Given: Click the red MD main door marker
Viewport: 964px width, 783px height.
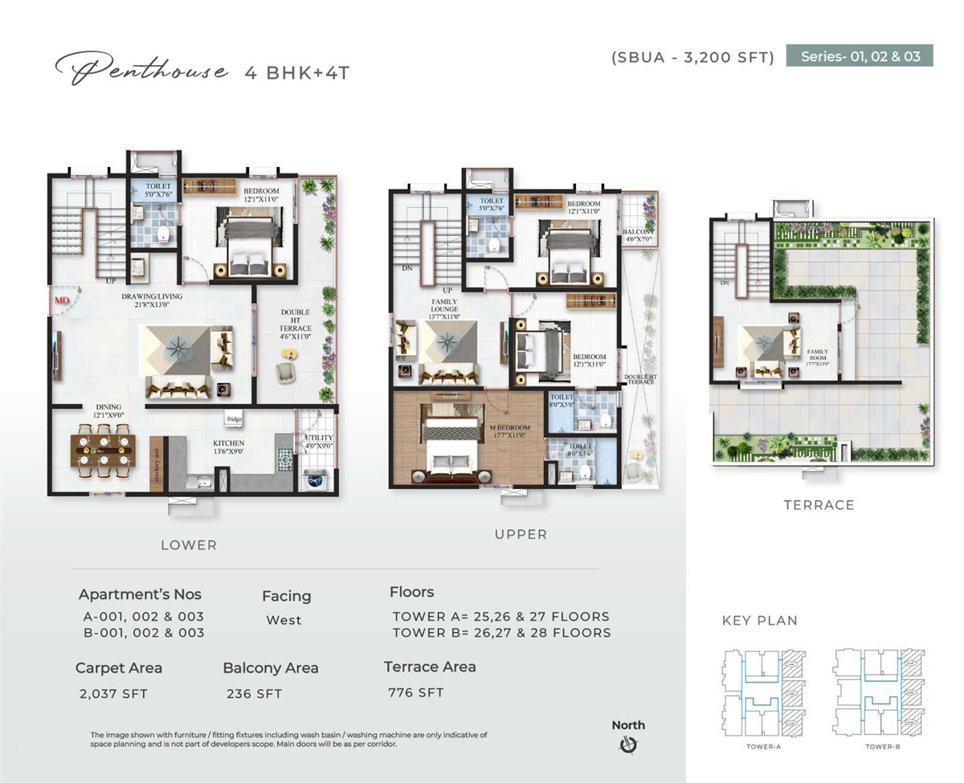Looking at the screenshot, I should tap(61, 300).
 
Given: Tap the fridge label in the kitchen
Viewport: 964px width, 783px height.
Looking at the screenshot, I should tap(234, 419).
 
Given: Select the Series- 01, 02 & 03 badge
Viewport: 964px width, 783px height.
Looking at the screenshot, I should tap(860, 55).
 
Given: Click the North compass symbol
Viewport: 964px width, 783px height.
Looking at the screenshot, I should tap(628, 745).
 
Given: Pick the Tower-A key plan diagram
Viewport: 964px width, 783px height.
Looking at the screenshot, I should tap(763, 690).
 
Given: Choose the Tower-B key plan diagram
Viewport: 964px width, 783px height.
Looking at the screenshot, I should tap(880, 690).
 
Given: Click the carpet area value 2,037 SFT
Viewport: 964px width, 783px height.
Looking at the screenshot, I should tap(113, 693).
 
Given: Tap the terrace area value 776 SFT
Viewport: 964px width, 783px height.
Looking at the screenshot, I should tap(415, 692).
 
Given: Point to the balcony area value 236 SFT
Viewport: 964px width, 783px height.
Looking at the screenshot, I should tap(254, 693).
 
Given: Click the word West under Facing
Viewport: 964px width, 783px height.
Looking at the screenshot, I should tap(284, 620).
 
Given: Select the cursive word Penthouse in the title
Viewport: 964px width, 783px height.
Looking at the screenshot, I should tap(141, 71).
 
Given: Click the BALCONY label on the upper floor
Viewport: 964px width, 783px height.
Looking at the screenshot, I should tap(638, 232).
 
